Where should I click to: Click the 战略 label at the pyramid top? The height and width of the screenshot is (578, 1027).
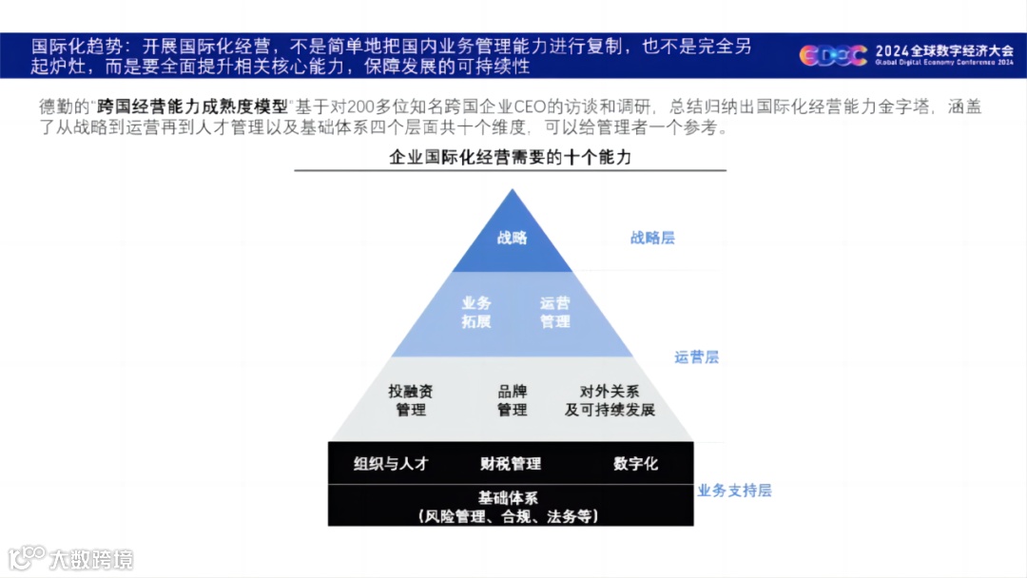pyautogui.click(x=512, y=238)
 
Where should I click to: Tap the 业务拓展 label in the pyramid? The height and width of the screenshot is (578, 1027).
pyautogui.click(x=476, y=312)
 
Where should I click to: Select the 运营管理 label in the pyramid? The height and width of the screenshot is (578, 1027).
pyautogui.click(x=555, y=312)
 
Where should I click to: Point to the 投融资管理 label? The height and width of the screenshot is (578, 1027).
pyautogui.click(x=411, y=400)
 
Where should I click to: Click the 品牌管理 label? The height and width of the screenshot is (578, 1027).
pyautogui.click(x=512, y=400)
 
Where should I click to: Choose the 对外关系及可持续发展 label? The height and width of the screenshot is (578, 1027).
pyautogui.click(x=610, y=400)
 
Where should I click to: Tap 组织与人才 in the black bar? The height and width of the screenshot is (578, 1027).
pyautogui.click(x=391, y=464)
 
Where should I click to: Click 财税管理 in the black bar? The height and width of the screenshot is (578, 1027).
pyautogui.click(x=511, y=464)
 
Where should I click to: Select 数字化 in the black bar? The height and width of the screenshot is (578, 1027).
pyautogui.click(x=635, y=464)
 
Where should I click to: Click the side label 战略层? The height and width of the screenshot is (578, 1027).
pyautogui.click(x=652, y=238)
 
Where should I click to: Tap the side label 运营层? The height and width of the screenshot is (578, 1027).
pyautogui.click(x=696, y=357)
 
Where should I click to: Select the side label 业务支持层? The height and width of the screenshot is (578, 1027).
pyautogui.click(x=734, y=491)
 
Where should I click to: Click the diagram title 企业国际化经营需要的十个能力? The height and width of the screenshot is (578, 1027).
pyautogui.click(x=510, y=158)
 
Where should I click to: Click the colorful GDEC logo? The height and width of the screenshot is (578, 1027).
pyautogui.click(x=832, y=56)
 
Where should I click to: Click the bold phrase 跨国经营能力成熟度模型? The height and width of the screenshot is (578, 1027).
pyautogui.click(x=194, y=107)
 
